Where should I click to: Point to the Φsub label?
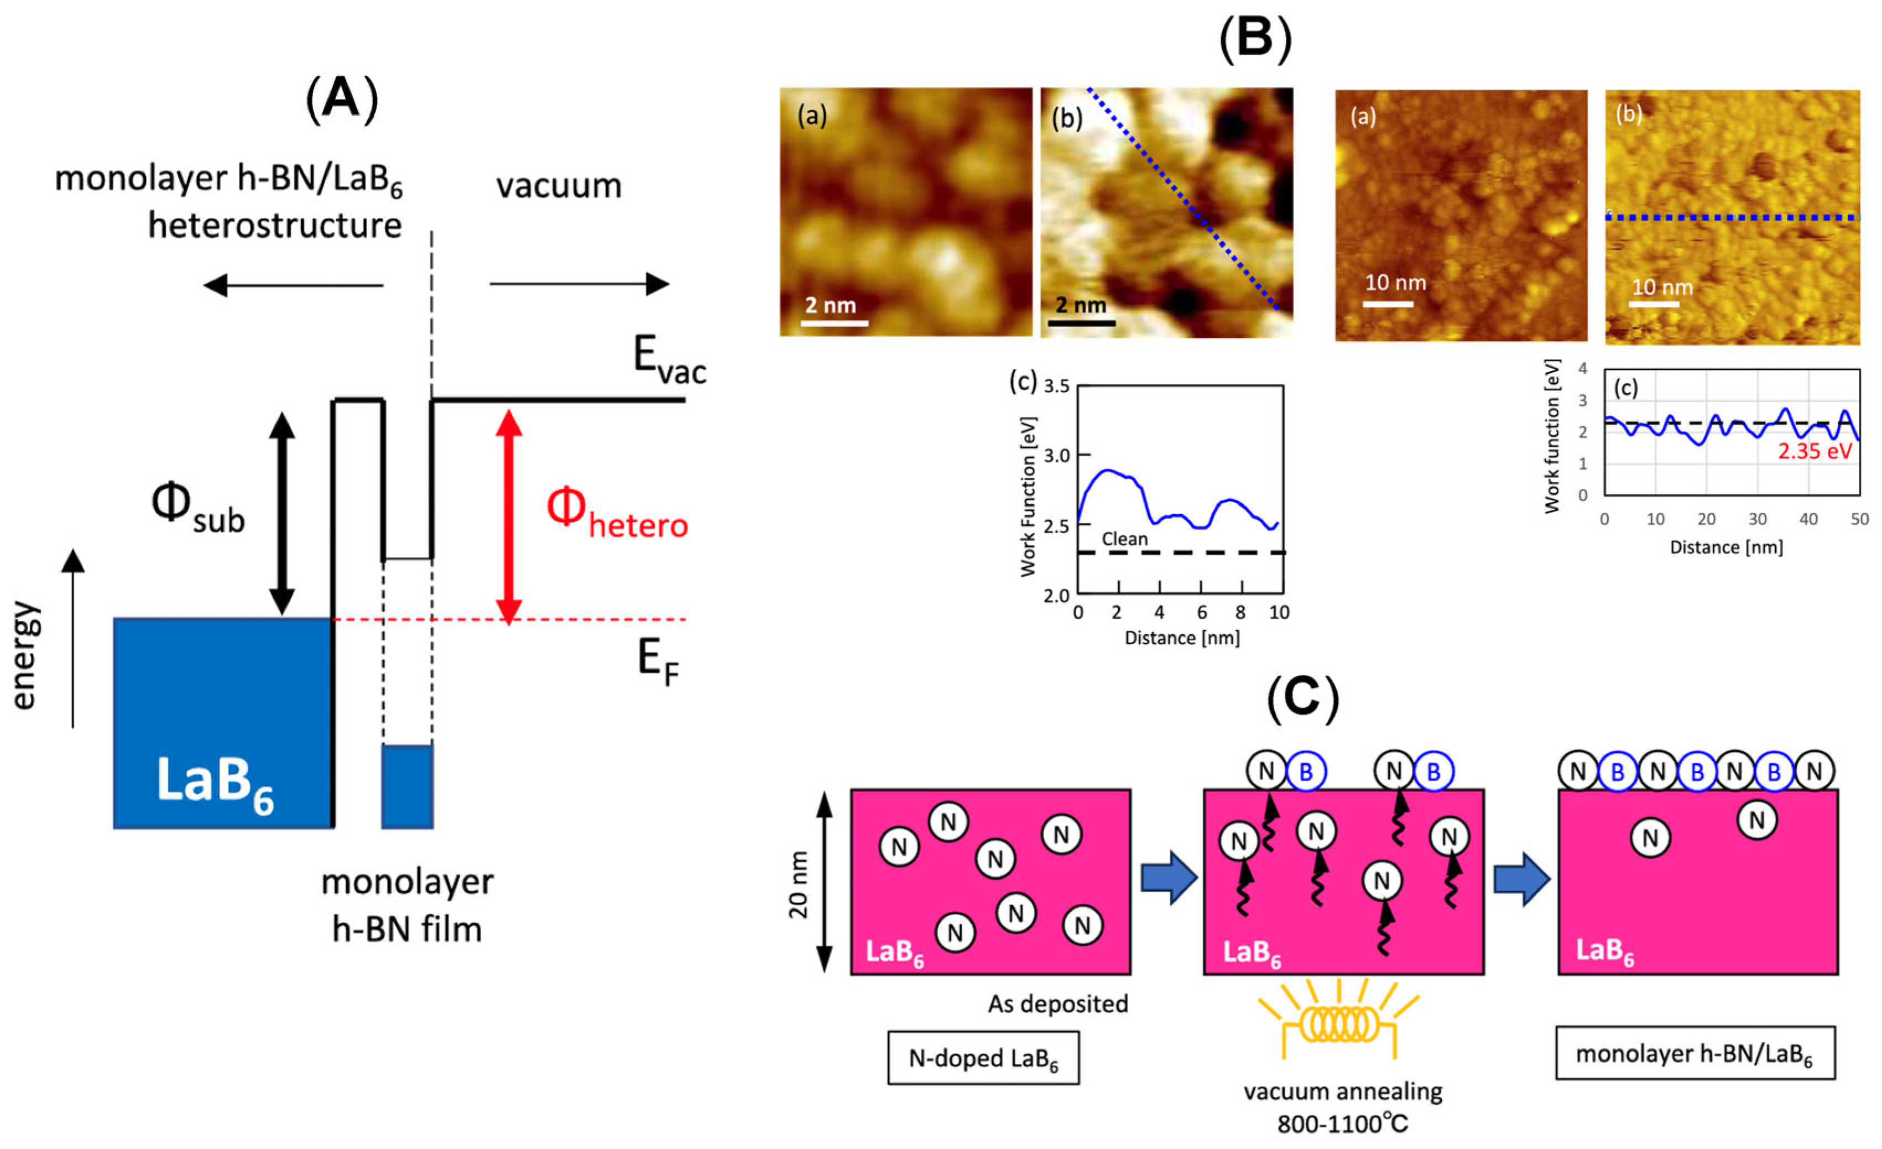click(x=197, y=509)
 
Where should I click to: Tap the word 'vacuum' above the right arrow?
click(x=559, y=186)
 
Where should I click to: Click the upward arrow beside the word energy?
click(x=74, y=638)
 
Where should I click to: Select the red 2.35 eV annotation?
click(x=1814, y=451)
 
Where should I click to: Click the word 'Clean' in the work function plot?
click(x=1124, y=539)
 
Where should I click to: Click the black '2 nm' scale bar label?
click(x=1081, y=305)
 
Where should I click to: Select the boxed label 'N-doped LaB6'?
click(x=983, y=1058)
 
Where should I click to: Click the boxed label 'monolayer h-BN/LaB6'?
click(x=1694, y=1053)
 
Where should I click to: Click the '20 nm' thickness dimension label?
click(x=798, y=884)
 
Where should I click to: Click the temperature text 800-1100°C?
click(x=1342, y=1123)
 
